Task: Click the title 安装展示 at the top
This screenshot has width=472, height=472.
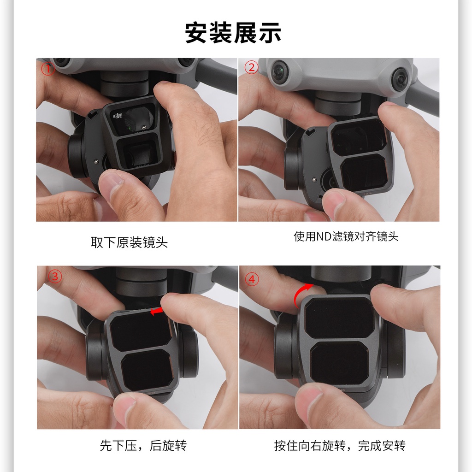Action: [x=233, y=33]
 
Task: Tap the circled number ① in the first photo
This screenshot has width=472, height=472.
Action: [x=48, y=68]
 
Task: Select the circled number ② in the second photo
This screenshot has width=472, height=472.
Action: [x=251, y=67]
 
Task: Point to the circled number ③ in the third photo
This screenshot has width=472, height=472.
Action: [x=55, y=277]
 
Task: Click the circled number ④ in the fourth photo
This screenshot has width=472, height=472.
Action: [x=252, y=279]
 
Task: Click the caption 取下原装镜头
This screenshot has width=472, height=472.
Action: [x=129, y=242]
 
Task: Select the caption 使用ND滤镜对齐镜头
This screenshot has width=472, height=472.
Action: [x=346, y=236]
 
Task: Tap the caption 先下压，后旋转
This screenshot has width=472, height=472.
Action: [x=143, y=446]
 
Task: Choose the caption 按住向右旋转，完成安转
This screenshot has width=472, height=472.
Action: [x=340, y=446]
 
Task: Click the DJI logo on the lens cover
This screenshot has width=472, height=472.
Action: [x=118, y=116]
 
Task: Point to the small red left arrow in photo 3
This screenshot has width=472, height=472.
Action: [x=157, y=311]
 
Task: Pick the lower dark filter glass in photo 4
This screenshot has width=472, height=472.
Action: [x=340, y=363]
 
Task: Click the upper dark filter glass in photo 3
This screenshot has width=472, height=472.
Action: [x=140, y=333]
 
